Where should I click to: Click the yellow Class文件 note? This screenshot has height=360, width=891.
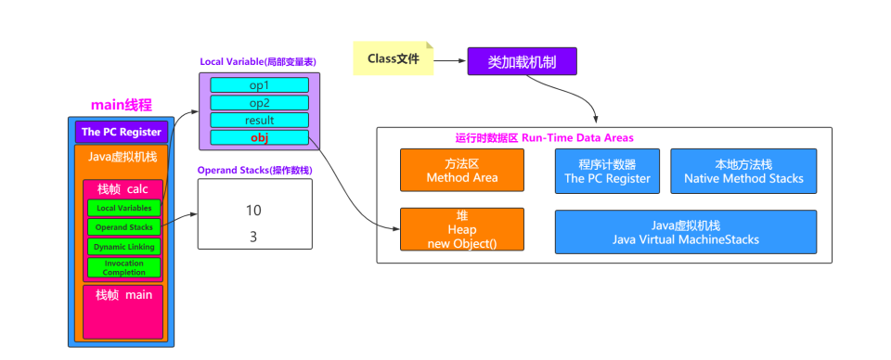point(393,58)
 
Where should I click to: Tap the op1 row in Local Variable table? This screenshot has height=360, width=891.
point(259,85)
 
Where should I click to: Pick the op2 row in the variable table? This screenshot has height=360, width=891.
point(259,103)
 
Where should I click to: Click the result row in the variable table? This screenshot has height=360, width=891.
point(259,121)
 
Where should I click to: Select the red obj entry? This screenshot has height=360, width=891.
point(259,138)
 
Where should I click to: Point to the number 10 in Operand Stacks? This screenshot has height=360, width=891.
point(253,211)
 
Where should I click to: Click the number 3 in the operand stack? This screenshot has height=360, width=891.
point(253,237)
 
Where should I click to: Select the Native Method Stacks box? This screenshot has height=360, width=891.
point(743,171)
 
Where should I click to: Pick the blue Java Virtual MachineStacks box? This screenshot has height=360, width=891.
point(685,232)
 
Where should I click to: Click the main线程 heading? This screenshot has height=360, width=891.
point(121,105)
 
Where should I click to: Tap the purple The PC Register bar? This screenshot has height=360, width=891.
point(122,133)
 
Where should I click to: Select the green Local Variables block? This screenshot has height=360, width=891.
point(124,208)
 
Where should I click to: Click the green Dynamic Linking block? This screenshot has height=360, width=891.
point(124,247)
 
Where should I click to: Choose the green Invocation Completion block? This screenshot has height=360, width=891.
point(124,267)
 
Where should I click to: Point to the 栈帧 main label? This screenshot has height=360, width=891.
point(123,295)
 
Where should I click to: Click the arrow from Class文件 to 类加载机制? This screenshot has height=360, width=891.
point(449,61)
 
